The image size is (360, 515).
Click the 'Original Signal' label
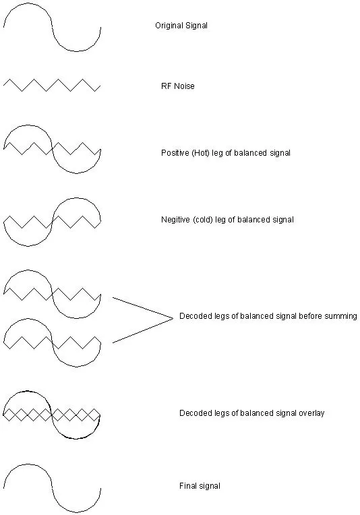(x=181, y=26)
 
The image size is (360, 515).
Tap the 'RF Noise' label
(x=178, y=86)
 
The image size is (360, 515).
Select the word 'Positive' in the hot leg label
(x=175, y=153)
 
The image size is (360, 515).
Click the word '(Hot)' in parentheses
(x=201, y=153)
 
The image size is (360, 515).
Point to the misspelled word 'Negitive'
(x=175, y=220)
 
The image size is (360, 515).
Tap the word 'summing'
(x=340, y=316)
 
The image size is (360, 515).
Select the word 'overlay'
(x=311, y=413)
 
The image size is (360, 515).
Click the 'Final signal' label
(x=200, y=486)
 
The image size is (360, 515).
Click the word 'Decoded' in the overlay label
(x=193, y=413)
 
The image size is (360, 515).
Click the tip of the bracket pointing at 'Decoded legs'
(x=173, y=317)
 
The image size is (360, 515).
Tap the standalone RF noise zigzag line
(x=51, y=85)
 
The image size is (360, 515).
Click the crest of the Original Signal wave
(x=28, y=3)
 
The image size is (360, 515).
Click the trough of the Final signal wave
(x=77, y=512)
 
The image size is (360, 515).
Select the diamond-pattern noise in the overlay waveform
(x=51, y=415)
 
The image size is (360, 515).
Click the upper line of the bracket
(x=142, y=307)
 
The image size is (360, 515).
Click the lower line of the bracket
(x=142, y=330)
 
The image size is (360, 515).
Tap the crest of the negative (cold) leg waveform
(x=77, y=198)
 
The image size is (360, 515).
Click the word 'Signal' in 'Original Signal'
(x=196, y=26)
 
